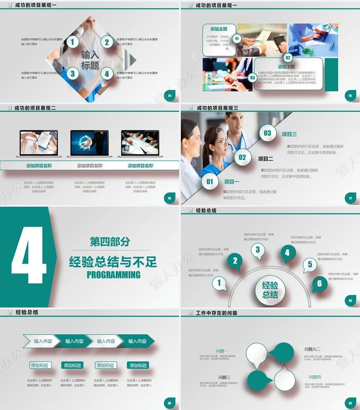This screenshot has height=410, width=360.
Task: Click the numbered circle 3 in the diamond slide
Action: tap(72, 74)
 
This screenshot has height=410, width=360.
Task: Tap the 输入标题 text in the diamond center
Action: tap(90, 60)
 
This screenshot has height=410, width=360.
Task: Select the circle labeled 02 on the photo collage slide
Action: tap(288, 58)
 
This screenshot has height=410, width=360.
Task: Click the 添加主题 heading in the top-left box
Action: tap(219, 29)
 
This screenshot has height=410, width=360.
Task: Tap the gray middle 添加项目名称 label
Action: tap(90, 166)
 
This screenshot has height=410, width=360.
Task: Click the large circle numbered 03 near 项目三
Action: tap(267, 133)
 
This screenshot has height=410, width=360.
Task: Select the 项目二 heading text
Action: tap(265, 159)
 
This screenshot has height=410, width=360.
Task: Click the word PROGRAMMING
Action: tap(113, 275)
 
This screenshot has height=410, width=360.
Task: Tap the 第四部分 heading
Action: tap(110, 241)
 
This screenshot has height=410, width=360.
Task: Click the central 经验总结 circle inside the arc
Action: tap(270, 290)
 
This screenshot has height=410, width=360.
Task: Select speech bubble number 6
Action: tap(319, 284)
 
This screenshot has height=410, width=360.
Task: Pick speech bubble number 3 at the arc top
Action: tap(257, 250)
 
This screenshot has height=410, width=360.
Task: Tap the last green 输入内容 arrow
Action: tap(137, 341)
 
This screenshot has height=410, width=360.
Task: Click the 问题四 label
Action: tap(315, 377)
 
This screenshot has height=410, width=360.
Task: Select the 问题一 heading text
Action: tap(222, 351)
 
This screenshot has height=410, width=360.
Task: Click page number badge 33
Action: tap(350, 403)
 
